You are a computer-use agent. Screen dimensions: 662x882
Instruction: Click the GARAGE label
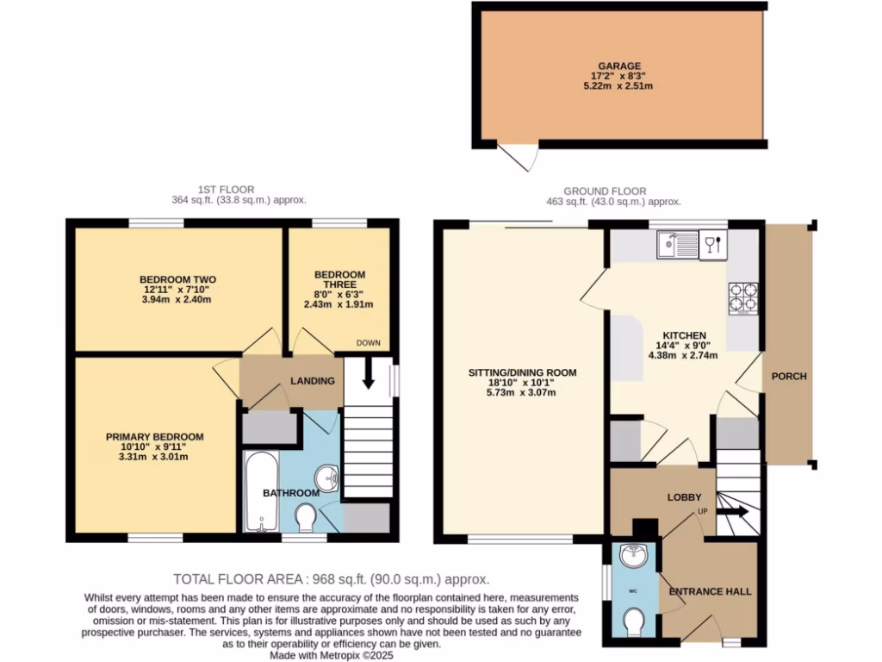point(620,66)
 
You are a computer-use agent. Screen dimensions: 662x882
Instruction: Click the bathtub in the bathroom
point(261,492)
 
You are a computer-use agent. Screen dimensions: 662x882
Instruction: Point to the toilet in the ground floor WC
point(634,620)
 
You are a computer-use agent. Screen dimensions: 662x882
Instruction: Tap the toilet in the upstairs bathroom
point(305,519)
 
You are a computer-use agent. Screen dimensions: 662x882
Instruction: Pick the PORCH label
point(789,376)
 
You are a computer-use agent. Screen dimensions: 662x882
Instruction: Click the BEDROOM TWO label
point(177,279)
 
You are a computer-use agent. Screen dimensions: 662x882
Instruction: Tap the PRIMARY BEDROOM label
point(155,437)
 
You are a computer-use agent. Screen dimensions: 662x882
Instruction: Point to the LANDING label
point(312,381)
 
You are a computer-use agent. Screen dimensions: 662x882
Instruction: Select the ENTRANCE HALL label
point(711,591)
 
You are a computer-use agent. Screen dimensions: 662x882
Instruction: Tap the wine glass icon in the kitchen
point(711,246)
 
